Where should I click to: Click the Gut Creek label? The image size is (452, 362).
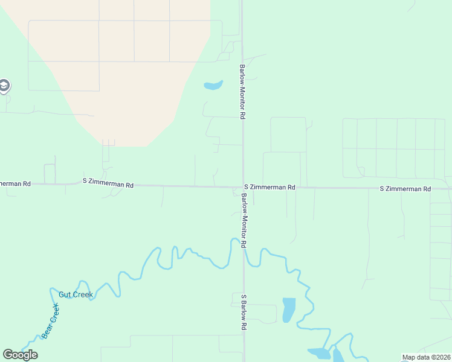[76, 295]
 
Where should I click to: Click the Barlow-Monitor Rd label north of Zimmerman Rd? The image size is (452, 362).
[242, 92]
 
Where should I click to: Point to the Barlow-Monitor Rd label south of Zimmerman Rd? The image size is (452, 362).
[244, 221]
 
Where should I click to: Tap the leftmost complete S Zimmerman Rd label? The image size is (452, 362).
[108, 183]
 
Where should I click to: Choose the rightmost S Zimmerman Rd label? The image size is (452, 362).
[405, 189]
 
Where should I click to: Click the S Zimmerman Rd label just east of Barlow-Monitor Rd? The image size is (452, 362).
[270, 188]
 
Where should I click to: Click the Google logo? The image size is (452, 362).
[20, 355]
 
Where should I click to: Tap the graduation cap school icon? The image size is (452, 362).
[4, 86]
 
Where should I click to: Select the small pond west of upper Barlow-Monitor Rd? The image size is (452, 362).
[213, 85]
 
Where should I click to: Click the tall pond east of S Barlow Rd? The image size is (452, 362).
[289, 310]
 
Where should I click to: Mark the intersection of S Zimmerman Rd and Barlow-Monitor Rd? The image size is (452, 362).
[243, 187]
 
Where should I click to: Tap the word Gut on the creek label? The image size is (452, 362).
[65, 295]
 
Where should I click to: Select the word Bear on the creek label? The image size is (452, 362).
[48, 329]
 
